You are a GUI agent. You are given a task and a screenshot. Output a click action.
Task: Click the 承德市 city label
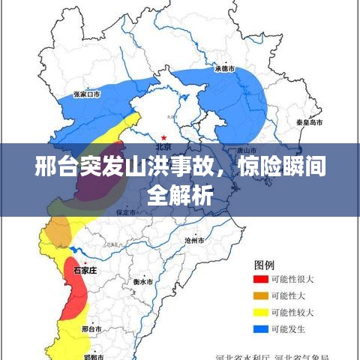225,68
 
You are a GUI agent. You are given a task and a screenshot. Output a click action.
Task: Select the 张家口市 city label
87,94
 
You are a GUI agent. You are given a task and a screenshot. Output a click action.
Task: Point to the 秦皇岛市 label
309,121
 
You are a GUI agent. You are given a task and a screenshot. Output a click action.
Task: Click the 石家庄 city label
85,268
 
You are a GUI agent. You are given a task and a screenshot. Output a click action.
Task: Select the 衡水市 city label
143,282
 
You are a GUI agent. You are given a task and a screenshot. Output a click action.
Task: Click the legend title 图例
264,265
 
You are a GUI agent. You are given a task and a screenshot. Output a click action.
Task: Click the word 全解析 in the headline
180,196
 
